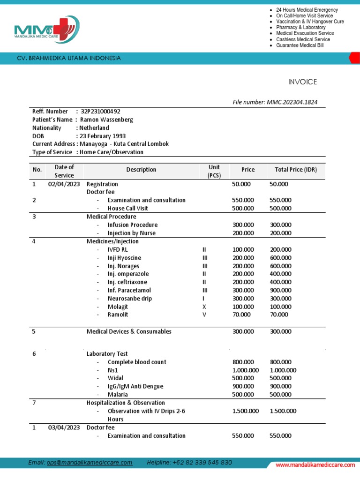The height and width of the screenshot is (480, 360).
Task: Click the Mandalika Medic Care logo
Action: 47,30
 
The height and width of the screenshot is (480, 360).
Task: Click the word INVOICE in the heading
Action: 302,82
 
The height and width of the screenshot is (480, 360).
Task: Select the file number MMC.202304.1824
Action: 295,102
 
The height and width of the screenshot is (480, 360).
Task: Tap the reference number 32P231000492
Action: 100,112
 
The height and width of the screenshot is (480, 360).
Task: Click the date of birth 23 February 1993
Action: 103,136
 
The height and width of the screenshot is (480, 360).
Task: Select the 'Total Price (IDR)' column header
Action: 292,170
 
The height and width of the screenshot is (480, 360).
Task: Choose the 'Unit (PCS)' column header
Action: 214,171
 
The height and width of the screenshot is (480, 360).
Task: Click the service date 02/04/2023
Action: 64,184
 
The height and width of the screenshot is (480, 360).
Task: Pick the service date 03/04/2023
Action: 64,427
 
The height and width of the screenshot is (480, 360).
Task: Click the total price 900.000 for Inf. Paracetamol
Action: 280,290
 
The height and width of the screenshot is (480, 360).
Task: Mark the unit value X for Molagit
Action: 204,307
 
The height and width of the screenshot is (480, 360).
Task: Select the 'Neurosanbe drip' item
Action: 130,299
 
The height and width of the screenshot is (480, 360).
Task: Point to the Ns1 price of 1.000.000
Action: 246,370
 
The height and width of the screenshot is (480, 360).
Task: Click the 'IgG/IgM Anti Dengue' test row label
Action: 135,386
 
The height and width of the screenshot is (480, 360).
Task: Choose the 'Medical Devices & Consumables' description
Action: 129,331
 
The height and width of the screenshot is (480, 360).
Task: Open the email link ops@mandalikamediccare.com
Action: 90,463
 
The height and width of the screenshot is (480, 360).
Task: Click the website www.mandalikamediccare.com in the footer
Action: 315,465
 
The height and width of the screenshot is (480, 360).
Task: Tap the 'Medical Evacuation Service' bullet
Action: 305,33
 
